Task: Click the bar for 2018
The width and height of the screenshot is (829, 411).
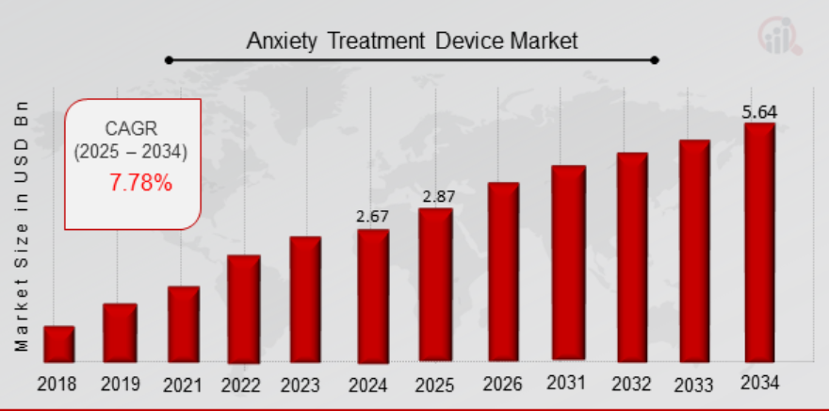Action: tap(58, 344)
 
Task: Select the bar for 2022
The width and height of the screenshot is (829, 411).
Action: tap(243, 309)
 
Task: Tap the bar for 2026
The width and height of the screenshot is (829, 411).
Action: tap(503, 272)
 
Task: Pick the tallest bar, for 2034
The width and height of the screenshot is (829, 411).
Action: tap(759, 242)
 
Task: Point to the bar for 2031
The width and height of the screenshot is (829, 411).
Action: tap(568, 263)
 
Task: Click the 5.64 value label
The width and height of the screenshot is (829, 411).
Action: tap(759, 112)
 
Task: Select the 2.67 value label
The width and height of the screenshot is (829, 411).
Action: tap(372, 218)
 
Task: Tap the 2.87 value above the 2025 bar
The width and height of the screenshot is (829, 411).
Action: tap(437, 196)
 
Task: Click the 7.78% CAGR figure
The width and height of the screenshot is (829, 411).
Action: tap(140, 184)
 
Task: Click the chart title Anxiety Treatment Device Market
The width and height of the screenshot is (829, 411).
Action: tap(411, 41)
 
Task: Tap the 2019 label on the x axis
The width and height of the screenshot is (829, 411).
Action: tap(121, 385)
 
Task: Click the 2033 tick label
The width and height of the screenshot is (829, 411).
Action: tap(695, 385)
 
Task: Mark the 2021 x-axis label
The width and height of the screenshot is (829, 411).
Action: tap(183, 385)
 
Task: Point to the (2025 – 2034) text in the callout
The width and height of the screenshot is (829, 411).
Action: tap(131, 151)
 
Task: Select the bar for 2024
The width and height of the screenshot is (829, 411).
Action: tap(372, 296)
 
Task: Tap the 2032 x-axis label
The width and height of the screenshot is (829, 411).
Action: tap(632, 385)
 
